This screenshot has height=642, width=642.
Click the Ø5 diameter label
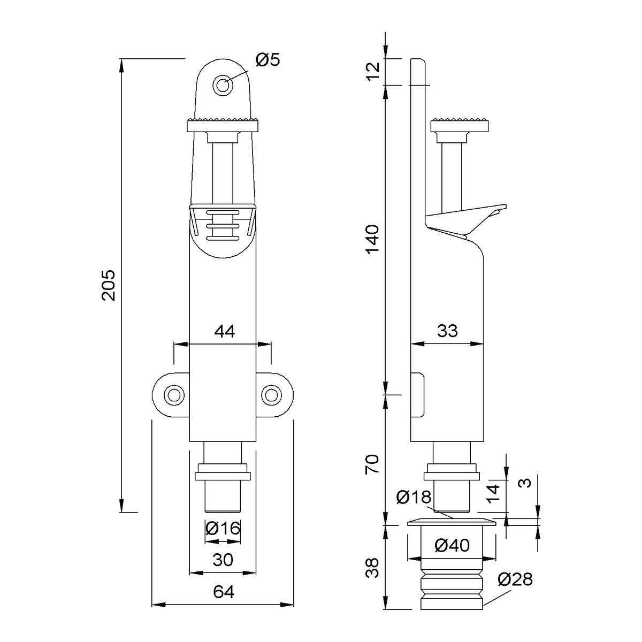(267, 60)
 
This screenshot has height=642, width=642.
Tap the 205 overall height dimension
(109, 285)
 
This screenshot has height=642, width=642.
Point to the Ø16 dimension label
(223, 528)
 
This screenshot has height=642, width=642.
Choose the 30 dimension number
(223, 560)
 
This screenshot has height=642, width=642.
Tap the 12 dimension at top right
(372, 72)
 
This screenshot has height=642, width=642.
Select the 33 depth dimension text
(447, 331)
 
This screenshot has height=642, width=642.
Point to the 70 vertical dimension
(372, 464)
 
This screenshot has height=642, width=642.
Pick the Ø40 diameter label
(452, 545)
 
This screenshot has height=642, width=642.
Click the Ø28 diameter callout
(515, 579)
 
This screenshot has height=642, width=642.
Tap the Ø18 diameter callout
(414, 498)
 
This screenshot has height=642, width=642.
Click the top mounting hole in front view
(223, 85)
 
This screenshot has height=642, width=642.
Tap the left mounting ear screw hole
(174, 395)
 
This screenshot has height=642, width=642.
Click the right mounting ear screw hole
(271, 395)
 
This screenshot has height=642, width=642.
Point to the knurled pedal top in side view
(460, 125)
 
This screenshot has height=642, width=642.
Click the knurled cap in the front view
(223, 125)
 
